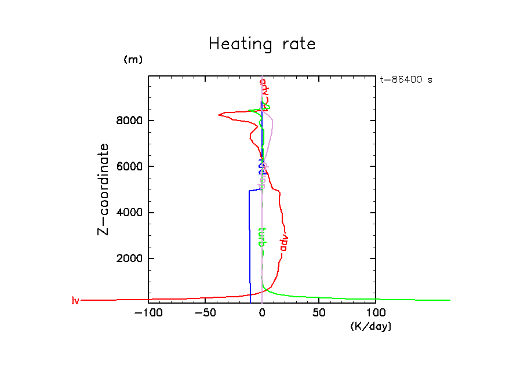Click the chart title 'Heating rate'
(262, 45)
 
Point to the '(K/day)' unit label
(371, 327)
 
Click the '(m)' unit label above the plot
(133, 60)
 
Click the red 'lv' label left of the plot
(75, 300)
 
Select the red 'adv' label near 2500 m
(283, 243)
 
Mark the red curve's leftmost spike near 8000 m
(219, 115)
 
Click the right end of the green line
(450, 300)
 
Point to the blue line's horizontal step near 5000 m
(256, 189)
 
